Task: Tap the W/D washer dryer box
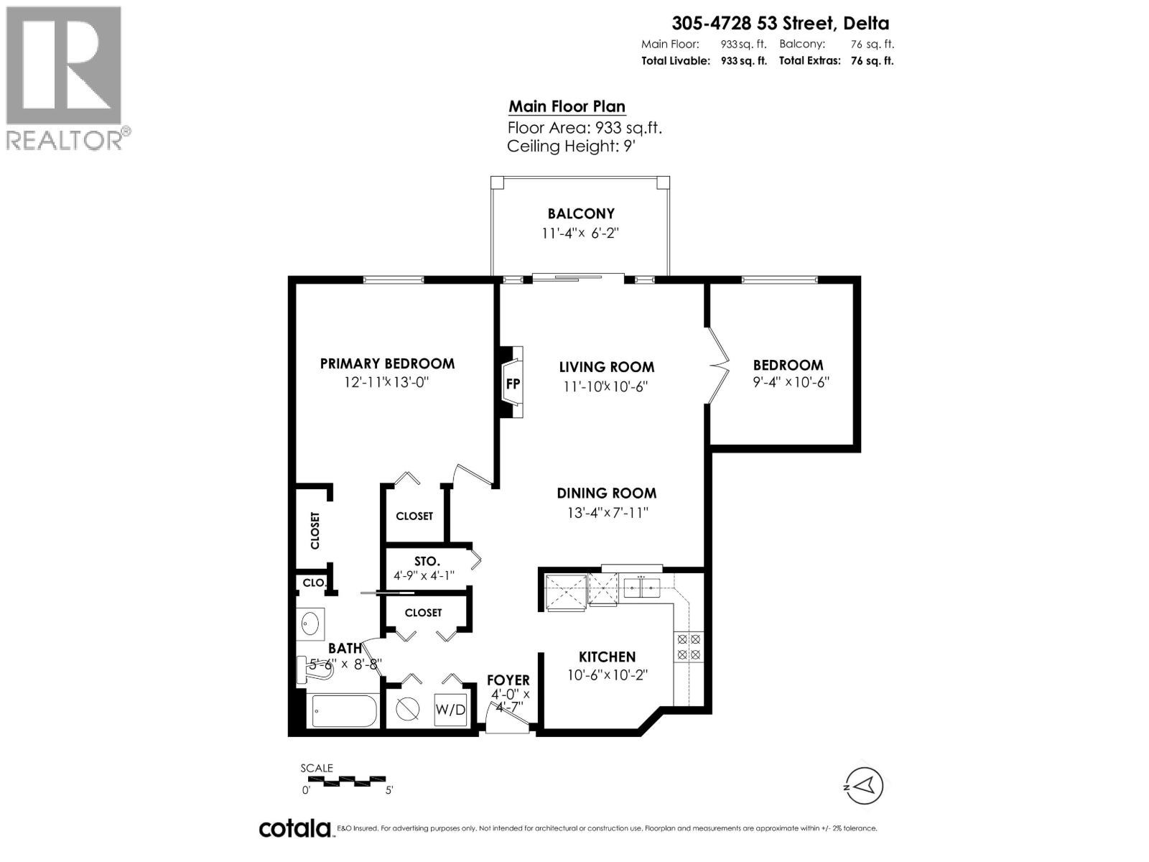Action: click(450, 710)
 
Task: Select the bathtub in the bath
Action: click(344, 711)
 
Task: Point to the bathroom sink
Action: click(310, 622)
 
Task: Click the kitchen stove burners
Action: click(688, 646)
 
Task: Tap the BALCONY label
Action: click(581, 213)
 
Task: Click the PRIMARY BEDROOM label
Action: click(387, 363)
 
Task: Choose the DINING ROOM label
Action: click(606, 493)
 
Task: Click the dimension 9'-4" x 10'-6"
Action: click(791, 383)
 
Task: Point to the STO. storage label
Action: click(427, 561)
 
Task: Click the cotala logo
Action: click(294, 828)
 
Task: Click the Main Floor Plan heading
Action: click(567, 106)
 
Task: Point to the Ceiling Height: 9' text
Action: click(572, 147)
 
